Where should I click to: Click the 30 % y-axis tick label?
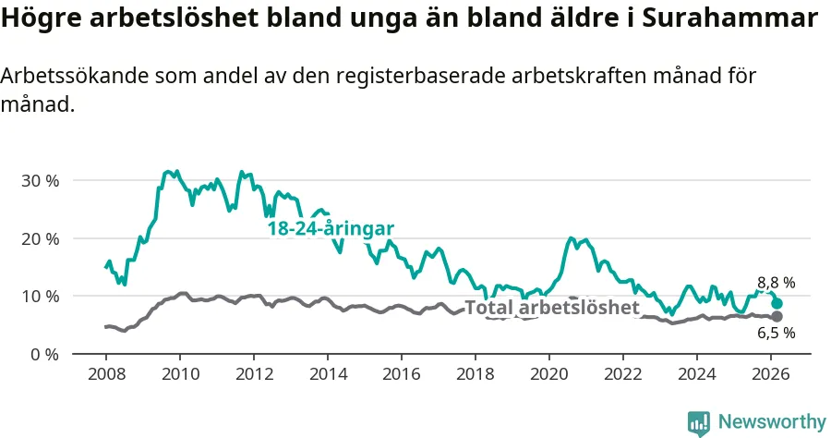click(39, 180)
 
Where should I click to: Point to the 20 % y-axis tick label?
click(39, 238)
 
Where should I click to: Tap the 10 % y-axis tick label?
click(39, 297)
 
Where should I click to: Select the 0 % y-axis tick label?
click(43, 354)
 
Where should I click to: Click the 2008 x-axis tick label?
click(105, 374)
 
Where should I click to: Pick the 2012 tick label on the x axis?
click(254, 374)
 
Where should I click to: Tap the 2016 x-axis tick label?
click(402, 374)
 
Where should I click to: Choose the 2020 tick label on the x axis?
click(549, 374)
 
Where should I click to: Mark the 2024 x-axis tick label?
click(697, 374)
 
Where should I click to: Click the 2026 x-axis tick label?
click(771, 374)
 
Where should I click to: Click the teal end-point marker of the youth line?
click(777, 304)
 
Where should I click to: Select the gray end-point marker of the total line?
click(777, 317)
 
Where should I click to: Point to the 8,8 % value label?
click(776, 283)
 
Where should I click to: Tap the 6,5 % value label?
click(776, 334)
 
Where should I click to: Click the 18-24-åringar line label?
click(331, 228)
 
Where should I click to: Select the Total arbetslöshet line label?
click(551, 308)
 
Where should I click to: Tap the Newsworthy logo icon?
click(699, 422)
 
